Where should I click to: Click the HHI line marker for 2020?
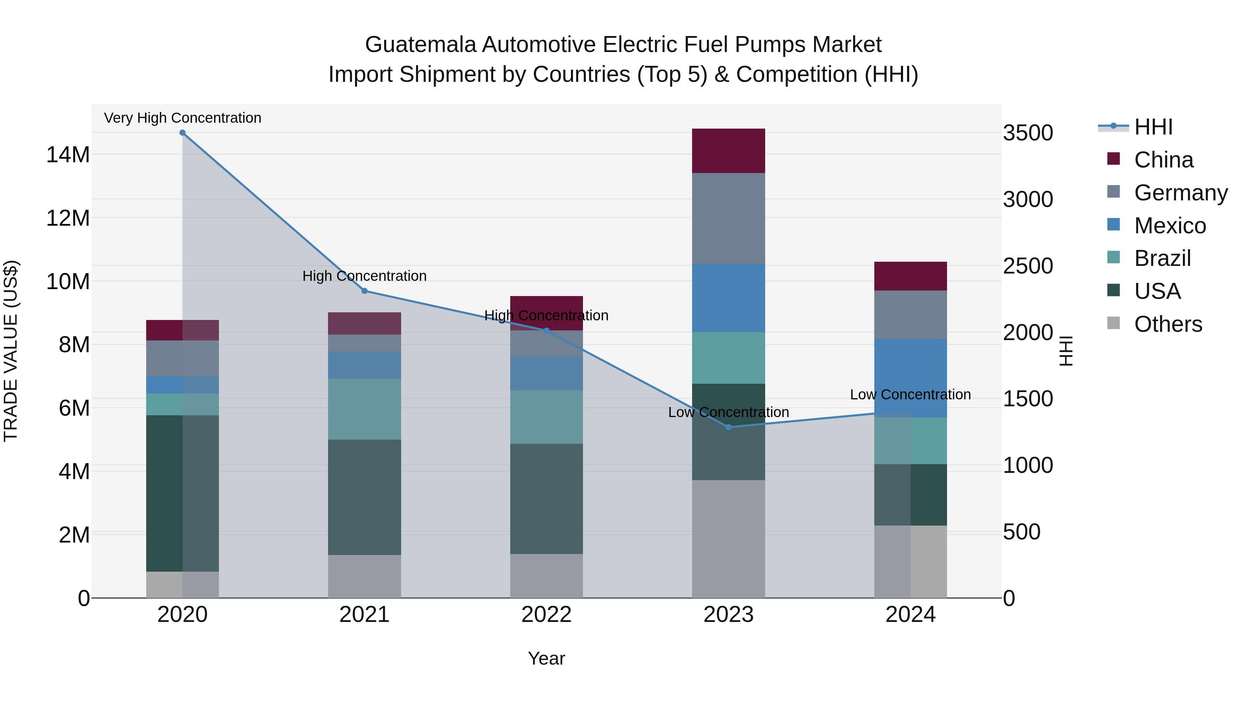(183, 133)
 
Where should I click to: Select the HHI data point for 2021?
(364, 291)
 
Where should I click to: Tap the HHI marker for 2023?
(728, 427)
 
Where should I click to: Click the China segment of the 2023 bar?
(728, 151)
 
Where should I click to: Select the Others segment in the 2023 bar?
(728, 539)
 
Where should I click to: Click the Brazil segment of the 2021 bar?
(364, 409)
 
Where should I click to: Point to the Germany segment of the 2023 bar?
(728, 218)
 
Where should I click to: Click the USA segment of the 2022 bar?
(547, 499)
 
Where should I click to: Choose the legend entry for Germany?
(1180, 192)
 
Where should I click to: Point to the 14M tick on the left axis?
(68, 155)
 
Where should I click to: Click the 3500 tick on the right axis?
(1028, 133)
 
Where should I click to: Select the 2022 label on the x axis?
(547, 615)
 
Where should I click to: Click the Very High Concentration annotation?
(183, 118)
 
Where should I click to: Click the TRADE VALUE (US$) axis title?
(11, 351)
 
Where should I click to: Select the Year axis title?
(547, 658)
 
